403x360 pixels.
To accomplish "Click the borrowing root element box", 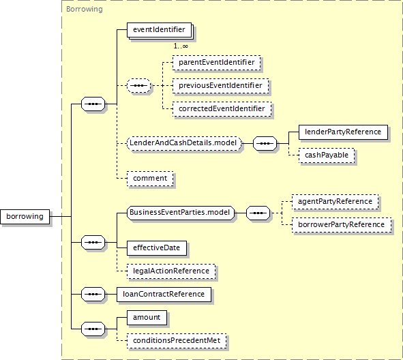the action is point(25,217).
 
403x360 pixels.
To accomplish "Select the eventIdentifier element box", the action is point(159,30).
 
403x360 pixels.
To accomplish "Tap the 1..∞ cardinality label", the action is point(181,46).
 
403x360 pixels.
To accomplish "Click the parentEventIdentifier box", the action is point(216,63).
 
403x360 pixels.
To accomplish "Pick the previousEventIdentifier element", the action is point(220,85).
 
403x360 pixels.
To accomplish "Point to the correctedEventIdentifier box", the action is point(222,108).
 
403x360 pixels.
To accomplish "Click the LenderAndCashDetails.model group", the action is point(184,143).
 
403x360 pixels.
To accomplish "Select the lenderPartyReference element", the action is point(343,132).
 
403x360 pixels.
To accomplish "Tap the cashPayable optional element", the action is point(327,155).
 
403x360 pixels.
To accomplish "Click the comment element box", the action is point(150,179).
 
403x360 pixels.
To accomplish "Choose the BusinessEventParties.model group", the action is point(181,213).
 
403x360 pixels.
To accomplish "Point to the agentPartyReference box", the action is point(335,201).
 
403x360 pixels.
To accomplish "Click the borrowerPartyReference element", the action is point(342,224).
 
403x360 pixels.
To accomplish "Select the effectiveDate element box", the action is point(157,248).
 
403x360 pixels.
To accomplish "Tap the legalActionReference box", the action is point(171,271).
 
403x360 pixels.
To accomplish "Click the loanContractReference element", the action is point(164,295).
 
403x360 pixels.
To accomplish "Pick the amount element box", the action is point(147,318).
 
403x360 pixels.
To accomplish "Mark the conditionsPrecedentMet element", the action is point(177,341).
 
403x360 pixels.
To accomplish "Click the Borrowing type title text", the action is point(85,10).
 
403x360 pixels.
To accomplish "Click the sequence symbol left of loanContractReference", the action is point(93,295).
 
